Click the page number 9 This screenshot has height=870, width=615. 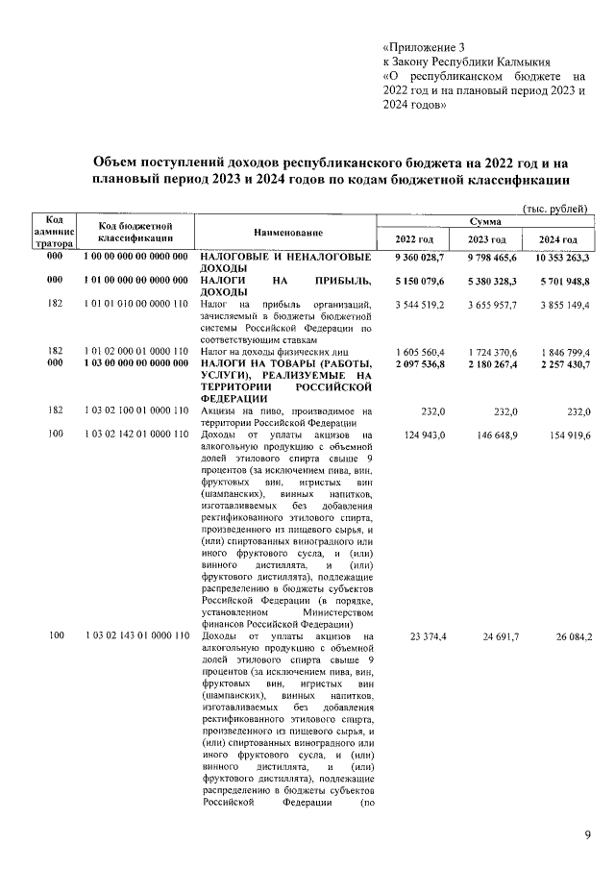point(588,834)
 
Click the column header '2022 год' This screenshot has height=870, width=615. point(415,239)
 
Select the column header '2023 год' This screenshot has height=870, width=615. point(486,239)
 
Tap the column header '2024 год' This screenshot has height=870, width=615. point(557,239)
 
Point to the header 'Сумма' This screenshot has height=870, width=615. point(486,221)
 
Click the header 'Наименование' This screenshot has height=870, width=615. point(288,233)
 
